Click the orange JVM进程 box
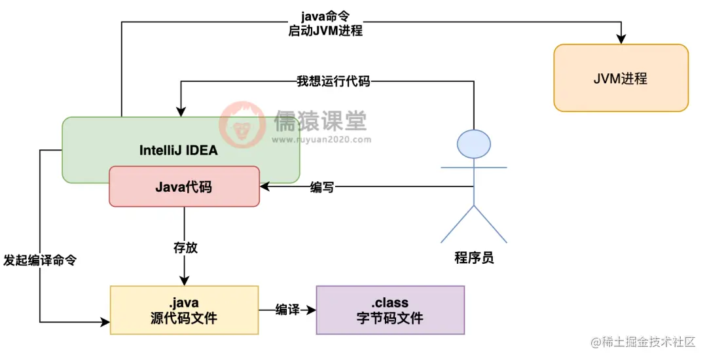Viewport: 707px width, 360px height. click(621, 78)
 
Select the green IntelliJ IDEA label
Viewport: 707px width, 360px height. click(178, 150)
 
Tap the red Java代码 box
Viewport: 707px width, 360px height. click(184, 187)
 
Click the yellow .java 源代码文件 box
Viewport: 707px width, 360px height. click(184, 310)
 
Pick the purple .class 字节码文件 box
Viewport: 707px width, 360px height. click(390, 310)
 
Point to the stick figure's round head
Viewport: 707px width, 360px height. click(473, 145)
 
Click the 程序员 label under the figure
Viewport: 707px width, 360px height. click(474, 258)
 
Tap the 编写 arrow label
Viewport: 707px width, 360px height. click(322, 187)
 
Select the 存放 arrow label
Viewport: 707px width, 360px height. click(185, 247)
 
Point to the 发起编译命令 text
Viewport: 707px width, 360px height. click(40, 260)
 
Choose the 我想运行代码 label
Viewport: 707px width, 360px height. click(333, 82)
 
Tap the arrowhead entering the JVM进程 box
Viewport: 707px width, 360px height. click(620, 39)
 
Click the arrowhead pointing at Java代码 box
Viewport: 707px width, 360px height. click(264, 187)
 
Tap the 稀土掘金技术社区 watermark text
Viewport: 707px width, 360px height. click(648, 342)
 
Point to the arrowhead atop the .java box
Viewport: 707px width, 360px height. click(185, 281)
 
